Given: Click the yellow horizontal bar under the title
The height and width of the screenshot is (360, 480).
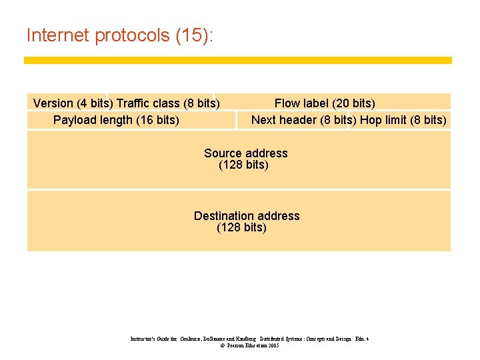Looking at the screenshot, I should click(x=237, y=60).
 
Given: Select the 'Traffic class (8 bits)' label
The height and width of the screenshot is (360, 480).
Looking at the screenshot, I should click(x=168, y=103).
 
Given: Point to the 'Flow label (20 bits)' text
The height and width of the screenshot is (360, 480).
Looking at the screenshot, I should click(x=325, y=103).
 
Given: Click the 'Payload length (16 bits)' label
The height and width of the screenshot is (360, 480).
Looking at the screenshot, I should click(x=116, y=120).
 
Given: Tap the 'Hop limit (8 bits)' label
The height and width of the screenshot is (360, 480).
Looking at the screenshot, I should click(x=403, y=120).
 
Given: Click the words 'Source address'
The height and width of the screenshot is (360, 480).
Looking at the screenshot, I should click(x=246, y=153).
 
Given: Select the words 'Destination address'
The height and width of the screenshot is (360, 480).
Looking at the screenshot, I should click(x=247, y=216).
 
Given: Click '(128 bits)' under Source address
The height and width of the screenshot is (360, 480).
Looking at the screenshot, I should click(x=243, y=165).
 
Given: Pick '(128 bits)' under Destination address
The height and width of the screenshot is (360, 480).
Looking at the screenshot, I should click(x=241, y=228).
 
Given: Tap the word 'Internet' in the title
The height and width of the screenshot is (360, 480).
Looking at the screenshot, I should click(x=59, y=35).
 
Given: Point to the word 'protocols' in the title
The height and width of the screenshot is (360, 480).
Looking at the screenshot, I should click(x=133, y=35).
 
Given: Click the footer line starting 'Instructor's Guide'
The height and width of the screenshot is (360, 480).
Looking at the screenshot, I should click(x=249, y=339).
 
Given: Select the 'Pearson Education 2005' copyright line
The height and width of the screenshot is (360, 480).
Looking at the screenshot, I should click(x=249, y=346).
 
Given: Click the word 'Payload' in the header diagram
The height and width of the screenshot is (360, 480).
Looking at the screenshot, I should click(x=75, y=120).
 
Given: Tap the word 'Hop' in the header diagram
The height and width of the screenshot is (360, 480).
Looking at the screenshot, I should click(x=371, y=120).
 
